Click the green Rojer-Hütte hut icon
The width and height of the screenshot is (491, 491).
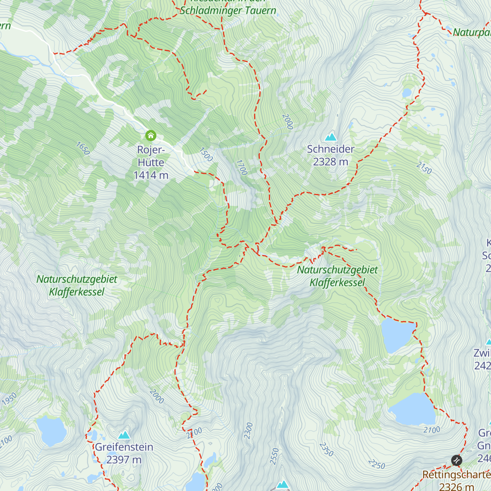[151, 135]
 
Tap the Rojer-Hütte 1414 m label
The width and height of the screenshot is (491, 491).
[151, 162]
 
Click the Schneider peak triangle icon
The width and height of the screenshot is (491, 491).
[331, 137]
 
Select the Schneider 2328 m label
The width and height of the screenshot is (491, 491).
[331, 155]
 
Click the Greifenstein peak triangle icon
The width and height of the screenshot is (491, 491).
[124, 435]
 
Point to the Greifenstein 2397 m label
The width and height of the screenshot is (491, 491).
[124, 453]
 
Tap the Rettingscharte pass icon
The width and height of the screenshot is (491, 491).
[457, 460]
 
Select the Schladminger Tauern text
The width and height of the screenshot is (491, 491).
[228, 11]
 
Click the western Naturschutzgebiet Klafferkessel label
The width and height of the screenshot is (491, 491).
[77, 286]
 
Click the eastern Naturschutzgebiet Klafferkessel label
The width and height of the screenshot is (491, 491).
[337, 276]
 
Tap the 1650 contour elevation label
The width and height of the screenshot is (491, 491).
[83, 149]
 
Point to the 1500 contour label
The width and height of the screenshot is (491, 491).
[206, 155]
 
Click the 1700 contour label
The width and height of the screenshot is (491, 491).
[242, 167]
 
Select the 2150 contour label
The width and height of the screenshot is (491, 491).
[424, 167]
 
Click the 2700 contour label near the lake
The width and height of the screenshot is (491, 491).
[432, 430]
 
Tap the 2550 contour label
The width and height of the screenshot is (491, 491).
[274, 456]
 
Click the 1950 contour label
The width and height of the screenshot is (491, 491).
[9, 399]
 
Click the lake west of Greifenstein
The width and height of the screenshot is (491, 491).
[51, 431]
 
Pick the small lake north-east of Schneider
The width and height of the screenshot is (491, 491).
[407, 93]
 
